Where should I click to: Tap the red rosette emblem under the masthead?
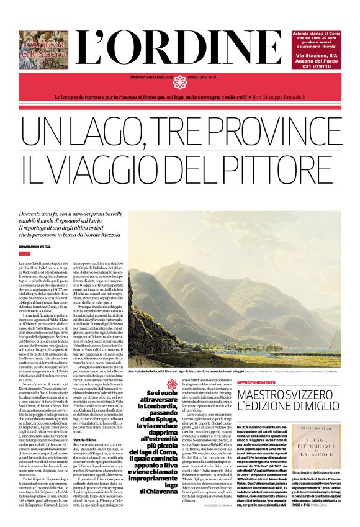(x=180, y=82)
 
